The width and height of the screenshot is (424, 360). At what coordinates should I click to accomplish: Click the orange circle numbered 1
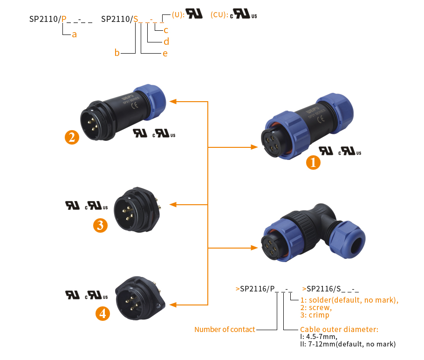pyautogui.click(x=313, y=162)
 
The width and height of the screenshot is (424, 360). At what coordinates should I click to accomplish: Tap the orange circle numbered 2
pyautogui.click(x=71, y=137)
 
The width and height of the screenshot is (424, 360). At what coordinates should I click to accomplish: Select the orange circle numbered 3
pyautogui.click(x=100, y=225)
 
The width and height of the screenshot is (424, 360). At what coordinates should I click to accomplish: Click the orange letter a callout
pyautogui.click(x=74, y=35)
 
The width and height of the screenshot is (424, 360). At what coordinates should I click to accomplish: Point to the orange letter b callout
pyautogui.click(x=117, y=53)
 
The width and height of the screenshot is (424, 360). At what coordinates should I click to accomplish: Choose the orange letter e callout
pyautogui.click(x=165, y=53)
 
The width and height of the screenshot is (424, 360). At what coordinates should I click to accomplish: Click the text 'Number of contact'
pyautogui.click(x=225, y=329)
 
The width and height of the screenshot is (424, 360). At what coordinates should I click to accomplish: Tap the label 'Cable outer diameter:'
pyautogui.click(x=339, y=329)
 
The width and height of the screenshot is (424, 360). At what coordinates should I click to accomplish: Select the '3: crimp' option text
pyautogui.click(x=315, y=315)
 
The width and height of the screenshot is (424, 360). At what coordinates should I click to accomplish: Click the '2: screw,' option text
pyautogui.click(x=316, y=308)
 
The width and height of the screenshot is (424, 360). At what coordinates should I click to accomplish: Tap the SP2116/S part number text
pyautogui.click(x=330, y=289)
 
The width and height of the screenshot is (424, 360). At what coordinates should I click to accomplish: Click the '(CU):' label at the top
pyautogui.click(x=219, y=15)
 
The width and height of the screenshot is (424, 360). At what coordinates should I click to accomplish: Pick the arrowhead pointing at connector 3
pyautogui.click(x=172, y=204)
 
